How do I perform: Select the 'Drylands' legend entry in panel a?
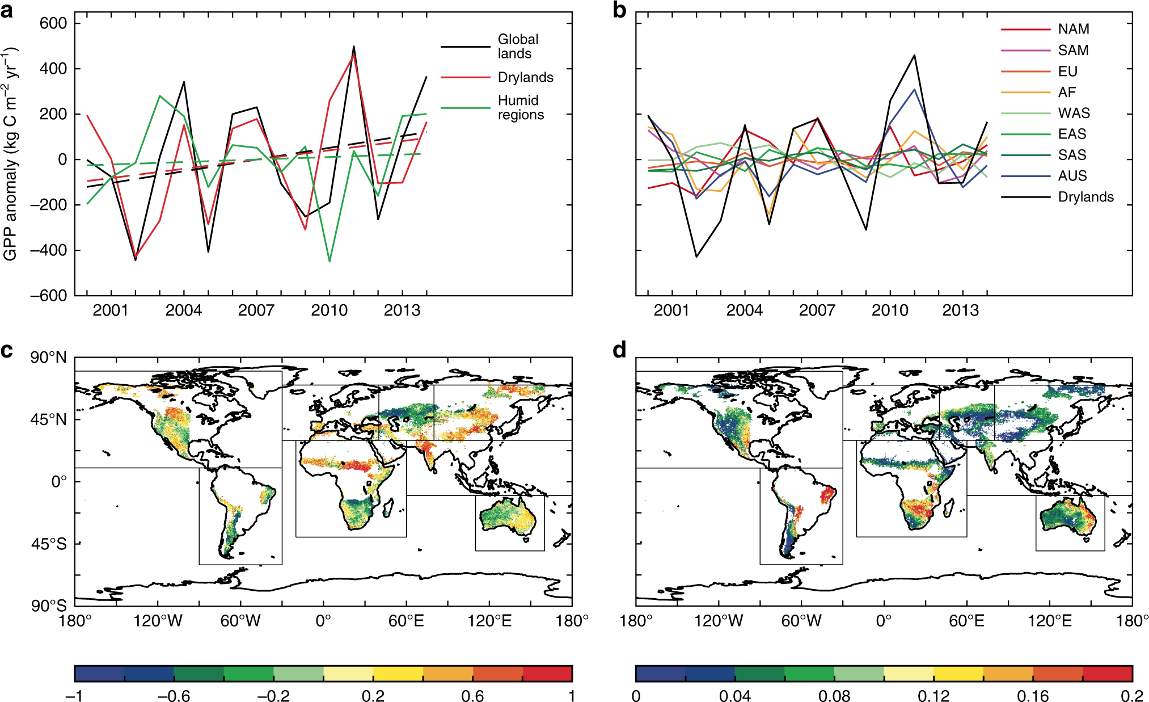tap(525, 77)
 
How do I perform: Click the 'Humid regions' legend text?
tap(520, 107)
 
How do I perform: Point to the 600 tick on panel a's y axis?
tap(53, 23)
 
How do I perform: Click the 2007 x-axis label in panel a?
tap(256, 310)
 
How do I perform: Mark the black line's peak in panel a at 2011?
tap(354, 47)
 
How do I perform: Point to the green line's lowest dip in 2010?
tap(330, 261)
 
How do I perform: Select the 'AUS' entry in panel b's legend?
tap(1072, 176)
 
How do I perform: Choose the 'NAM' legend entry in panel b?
tap(1073, 29)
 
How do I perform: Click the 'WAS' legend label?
tap(1074, 113)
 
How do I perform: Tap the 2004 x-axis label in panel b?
tap(744, 310)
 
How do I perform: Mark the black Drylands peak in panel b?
tap(914, 56)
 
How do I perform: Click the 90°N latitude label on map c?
tap(49, 358)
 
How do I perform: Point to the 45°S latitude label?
tap(49, 544)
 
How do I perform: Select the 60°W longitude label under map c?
tap(240, 621)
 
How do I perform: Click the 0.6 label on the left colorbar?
tap(472, 696)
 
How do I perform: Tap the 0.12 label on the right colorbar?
tap(933, 696)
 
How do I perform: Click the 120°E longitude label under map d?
tap(1050, 621)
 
